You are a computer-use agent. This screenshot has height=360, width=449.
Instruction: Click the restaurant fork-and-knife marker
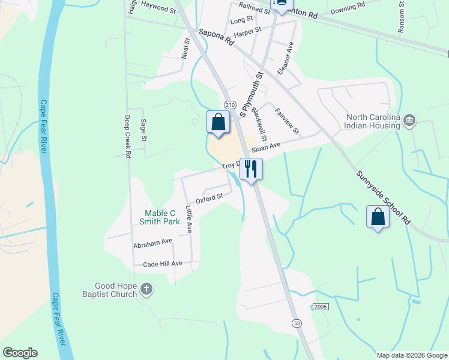[x=251, y=169]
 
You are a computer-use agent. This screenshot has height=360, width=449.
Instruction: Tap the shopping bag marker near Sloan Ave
[x=218, y=122]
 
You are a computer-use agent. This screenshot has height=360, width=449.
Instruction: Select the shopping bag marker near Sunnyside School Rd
[x=378, y=217]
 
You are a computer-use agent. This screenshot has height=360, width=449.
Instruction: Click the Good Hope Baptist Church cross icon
[x=146, y=290]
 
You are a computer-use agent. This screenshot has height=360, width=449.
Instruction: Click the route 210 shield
[x=228, y=102]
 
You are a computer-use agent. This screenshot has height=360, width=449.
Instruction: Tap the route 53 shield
[x=297, y=323]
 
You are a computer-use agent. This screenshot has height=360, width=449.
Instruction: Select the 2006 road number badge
[x=321, y=307]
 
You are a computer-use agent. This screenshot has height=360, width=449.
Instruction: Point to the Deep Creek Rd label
[x=127, y=137]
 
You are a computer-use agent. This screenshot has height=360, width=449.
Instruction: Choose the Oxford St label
[x=209, y=197]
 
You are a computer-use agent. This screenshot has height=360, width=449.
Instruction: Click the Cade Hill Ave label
[x=163, y=264]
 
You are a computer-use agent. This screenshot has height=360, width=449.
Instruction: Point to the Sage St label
[x=143, y=130]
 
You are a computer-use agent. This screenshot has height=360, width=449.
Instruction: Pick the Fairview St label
[x=286, y=121]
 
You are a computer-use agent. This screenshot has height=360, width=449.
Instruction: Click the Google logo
[x=20, y=353]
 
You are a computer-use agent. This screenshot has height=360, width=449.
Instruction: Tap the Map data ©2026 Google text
[x=411, y=355]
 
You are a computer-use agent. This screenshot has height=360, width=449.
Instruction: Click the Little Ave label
[x=188, y=220]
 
